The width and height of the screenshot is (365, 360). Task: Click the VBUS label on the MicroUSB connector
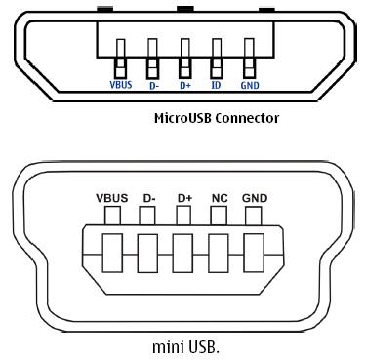(120, 85)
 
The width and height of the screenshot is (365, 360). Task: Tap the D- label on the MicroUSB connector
(153, 85)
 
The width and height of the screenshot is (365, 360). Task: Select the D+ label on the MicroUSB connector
(184, 85)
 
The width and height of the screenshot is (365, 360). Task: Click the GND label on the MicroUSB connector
(251, 85)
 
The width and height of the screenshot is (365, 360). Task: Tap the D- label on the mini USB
(149, 198)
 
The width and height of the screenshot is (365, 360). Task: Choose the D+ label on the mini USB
(184, 198)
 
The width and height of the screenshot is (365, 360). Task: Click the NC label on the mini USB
(220, 198)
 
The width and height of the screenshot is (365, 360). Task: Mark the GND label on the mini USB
(255, 198)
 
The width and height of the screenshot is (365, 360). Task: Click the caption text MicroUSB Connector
(217, 118)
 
